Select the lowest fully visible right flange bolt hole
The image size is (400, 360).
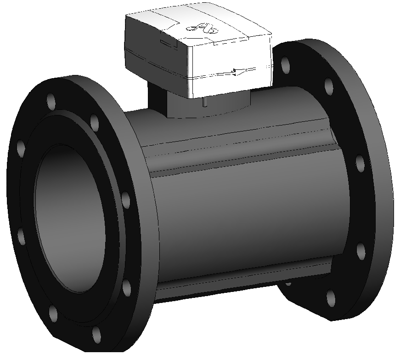pyautogui.click(x=330, y=298)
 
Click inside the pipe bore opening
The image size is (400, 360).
pyautogui.click(x=69, y=221)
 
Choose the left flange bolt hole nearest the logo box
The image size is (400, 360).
pyautogui.click(x=95, y=123)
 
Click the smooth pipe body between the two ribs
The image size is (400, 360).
pyautogui.click(x=243, y=216)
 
